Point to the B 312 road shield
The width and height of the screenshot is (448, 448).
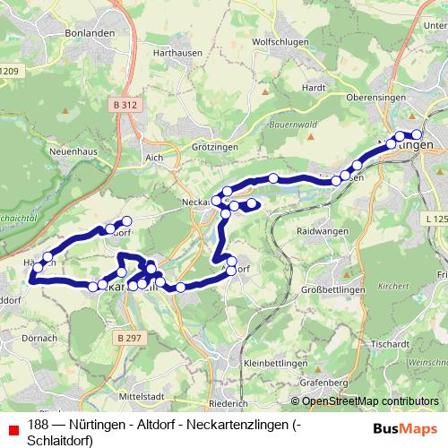click(x=126, y=105)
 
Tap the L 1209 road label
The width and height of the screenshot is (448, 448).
click(x=8, y=71)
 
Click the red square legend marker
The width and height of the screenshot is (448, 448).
click(x=10, y=425)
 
